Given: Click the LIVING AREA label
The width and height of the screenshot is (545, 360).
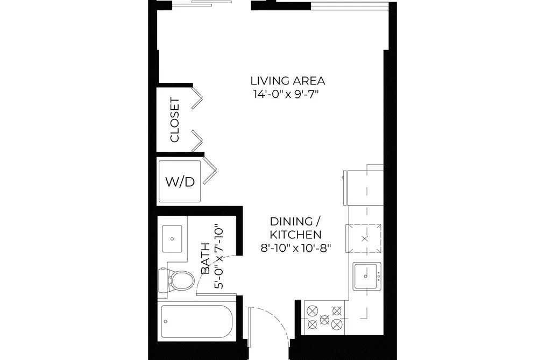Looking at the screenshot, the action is click(288, 81).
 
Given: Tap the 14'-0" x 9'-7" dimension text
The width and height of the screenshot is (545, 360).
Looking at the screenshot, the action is click(286, 94).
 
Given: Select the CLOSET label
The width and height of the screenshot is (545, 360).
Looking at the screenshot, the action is click(175, 120).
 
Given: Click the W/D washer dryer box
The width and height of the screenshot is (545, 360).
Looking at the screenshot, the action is click(180, 181).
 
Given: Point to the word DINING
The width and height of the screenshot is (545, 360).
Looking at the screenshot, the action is click(291, 221).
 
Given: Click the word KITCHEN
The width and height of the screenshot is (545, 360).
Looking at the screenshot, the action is click(296, 235).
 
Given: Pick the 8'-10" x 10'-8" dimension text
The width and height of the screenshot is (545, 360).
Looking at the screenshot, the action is click(296, 248).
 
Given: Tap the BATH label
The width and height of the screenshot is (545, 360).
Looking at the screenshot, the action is click(206, 259).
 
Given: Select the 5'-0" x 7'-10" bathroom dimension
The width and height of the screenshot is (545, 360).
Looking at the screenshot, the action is click(218, 258).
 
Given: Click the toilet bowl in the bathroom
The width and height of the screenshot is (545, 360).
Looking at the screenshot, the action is click(182, 280).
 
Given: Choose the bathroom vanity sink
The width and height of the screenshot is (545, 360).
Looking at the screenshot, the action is click(172, 239).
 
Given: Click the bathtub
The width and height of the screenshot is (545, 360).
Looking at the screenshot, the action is click(197, 321).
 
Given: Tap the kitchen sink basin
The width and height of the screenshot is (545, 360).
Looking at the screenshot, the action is click(365, 277).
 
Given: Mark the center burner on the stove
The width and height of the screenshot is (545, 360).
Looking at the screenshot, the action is click(324, 319).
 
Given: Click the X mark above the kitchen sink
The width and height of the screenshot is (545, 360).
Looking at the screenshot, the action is click(364, 239).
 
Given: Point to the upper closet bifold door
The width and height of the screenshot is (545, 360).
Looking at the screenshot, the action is click(197, 97).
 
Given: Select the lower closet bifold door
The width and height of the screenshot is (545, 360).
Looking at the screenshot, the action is click(197, 142).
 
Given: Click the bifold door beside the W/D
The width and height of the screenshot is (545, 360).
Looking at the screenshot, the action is click(210, 170).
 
